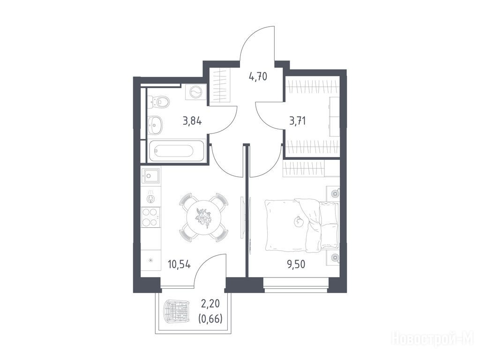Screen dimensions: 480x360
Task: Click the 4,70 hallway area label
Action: [258, 76]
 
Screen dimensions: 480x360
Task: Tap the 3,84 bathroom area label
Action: [192, 121]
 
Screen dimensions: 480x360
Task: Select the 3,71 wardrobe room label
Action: [297, 121]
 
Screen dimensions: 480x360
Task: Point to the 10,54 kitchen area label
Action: [179, 264]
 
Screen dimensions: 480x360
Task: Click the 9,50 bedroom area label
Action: [296, 264]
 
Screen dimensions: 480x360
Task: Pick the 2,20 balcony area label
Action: [210, 304]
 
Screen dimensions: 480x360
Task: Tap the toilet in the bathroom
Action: [159, 101]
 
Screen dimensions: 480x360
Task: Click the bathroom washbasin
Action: [156, 125]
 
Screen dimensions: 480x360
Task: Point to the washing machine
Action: [195, 91]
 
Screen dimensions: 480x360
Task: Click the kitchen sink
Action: [150, 175]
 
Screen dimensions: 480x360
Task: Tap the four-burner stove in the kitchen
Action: [150, 217]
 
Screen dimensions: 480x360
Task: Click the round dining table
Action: [203, 217]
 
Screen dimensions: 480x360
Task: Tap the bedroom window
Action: [296, 288]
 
